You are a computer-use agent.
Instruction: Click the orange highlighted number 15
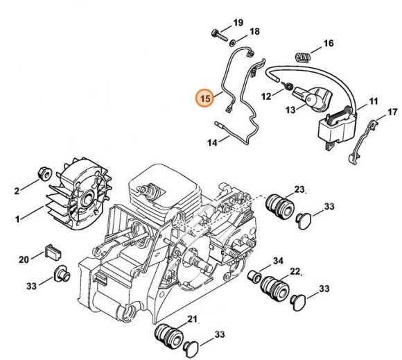[x=206, y=98]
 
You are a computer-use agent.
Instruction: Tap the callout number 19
[x=238, y=23]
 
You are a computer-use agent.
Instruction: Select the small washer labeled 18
[x=232, y=43]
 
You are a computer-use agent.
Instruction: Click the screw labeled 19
[x=220, y=36]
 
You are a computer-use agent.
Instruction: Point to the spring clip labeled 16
[x=303, y=57]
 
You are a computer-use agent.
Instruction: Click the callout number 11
[x=374, y=101]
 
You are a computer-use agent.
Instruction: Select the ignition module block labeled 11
[x=338, y=128]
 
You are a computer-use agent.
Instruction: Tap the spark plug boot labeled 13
[x=313, y=98]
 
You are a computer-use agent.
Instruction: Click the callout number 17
[x=392, y=112]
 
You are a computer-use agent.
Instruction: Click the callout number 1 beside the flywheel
[x=17, y=219]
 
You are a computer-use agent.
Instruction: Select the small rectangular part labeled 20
[x=53, y=252]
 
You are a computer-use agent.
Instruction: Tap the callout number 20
[x=24, y=259]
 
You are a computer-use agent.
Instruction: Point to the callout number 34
[x=278, y=262]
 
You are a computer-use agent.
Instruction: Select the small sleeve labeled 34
[x=254, y=276]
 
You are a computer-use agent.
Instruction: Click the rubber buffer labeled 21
[x=168, y=336]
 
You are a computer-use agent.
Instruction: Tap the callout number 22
[x=295, y=271]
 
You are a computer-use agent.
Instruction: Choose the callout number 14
[x=212, y=143]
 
